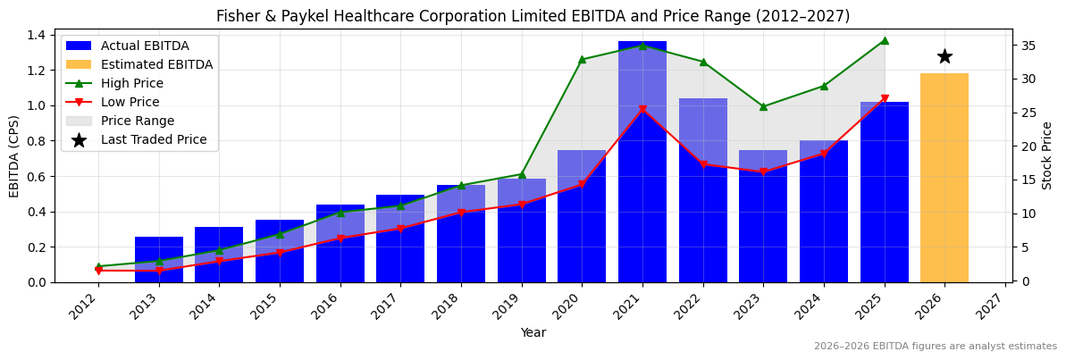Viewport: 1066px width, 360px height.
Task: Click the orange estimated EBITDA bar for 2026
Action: click(x=944, y=178)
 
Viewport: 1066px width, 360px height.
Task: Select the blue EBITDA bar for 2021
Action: click(x=642, y=162)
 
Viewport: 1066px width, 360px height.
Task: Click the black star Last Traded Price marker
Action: click(x=944, y=56)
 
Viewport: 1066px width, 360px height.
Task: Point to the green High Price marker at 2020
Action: click(x=582, y=60)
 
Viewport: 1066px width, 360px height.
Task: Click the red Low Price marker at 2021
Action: click(x=642, y=110)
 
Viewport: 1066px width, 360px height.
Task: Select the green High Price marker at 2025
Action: click(x=885, y=40)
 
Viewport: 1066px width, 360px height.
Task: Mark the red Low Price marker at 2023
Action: click(x=763, y=172)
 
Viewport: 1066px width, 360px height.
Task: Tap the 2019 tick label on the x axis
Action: click(x=515, y=306)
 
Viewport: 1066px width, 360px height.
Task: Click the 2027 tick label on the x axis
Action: click(x=998, y=306)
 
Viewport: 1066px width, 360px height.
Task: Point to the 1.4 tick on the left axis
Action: click(x=37, y=35)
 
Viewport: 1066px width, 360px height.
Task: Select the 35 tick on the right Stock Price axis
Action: click(x=1027, y=46)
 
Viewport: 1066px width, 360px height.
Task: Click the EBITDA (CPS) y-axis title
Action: click(x=14, y=155)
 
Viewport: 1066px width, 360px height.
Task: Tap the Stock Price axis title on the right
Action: click(x=1047, y=155)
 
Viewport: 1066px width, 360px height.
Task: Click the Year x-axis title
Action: click(x=533, y=332)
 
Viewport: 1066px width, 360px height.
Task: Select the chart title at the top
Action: click(x=533, y=16)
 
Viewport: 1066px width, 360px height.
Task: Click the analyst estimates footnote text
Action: click(x=935, y=347)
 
